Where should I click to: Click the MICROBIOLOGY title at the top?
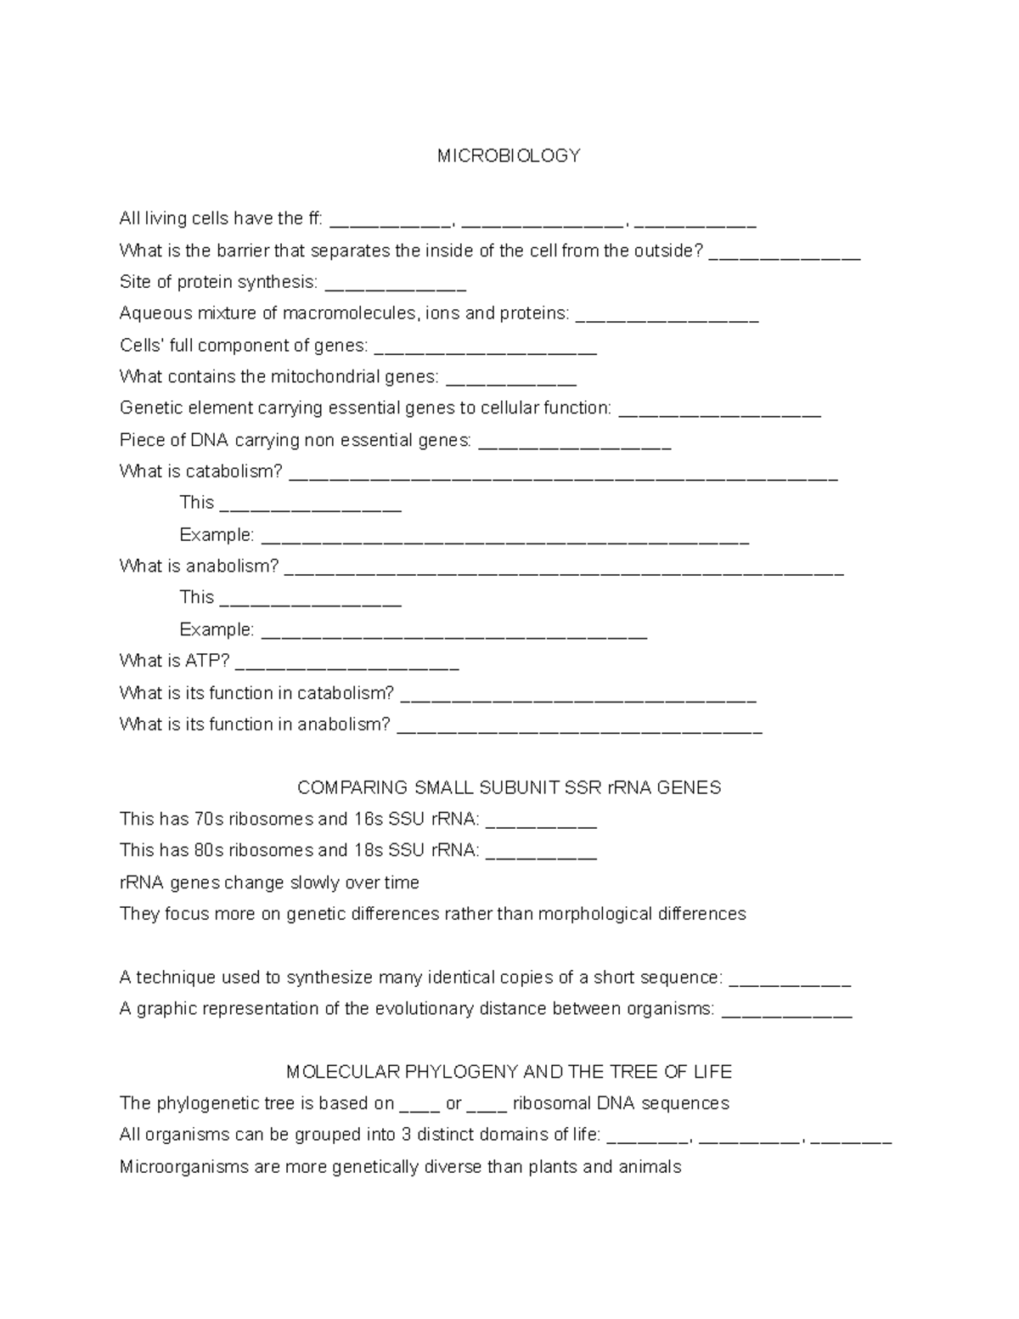click(509, 156)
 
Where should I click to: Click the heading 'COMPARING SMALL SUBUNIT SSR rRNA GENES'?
click(509, 788)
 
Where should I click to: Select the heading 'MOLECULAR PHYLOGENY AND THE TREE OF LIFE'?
click(509, 1072)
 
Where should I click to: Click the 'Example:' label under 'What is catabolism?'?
click(217, 535)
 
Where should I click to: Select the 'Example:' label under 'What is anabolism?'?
click(217, 629)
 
